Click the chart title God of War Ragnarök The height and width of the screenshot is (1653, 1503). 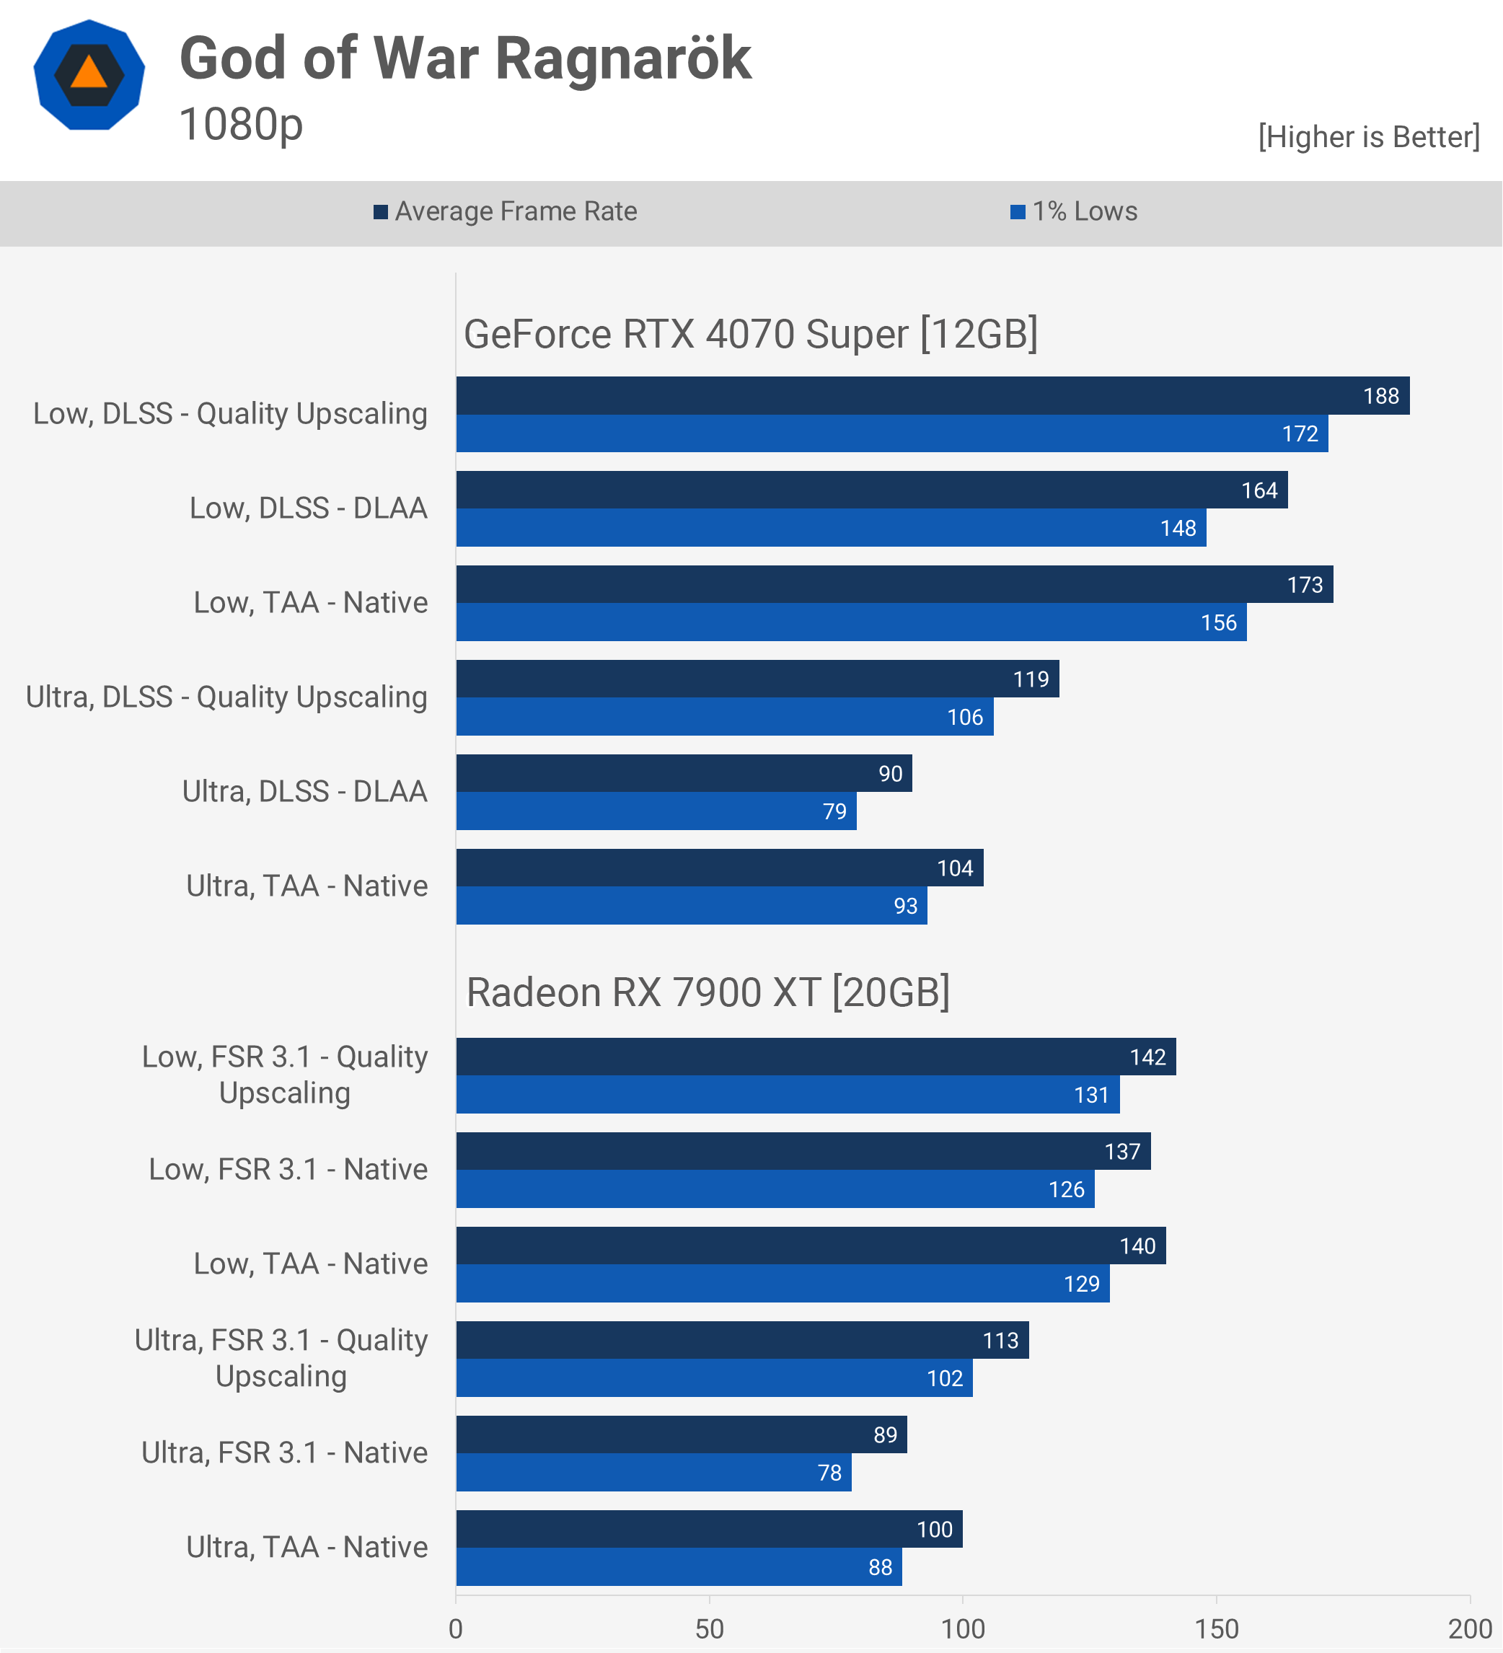coord(465,59)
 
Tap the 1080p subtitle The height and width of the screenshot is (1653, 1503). coord(241,125)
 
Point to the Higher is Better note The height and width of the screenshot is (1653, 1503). coord(1369,137)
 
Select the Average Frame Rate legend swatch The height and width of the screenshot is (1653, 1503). coord(381,212)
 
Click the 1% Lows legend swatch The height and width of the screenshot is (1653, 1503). coord(1018,212)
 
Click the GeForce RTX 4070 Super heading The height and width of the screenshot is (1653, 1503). coord(750,335)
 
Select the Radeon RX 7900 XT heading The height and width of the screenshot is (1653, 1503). coord(708,993)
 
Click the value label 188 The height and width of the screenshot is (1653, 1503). coord(1381,397)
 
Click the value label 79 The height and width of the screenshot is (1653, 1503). coord(834,812)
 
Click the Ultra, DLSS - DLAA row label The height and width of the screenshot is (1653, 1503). coord(305,792)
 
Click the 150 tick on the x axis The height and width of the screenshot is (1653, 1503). coord(1217,1628)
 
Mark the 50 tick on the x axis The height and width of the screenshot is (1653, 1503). coord(709,1628)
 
